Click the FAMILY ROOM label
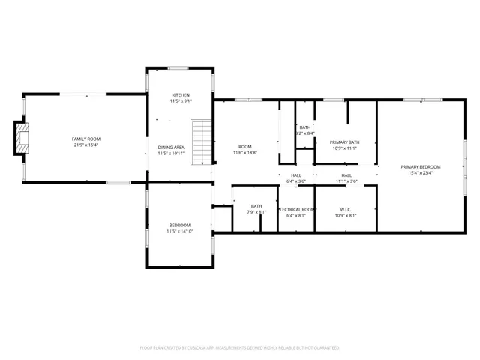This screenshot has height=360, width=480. tap(86, 139)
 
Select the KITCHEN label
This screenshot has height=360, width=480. tap(181, 95)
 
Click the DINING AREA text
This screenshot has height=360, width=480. tap(171, 147)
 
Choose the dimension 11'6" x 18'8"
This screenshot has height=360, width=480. tap(244, 152)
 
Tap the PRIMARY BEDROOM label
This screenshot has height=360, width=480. tap(420, 166)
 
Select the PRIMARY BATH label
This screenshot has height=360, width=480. tap(344, 142)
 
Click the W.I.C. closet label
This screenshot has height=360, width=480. tap(346, 209)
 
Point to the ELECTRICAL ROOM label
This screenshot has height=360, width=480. tap(296, 209)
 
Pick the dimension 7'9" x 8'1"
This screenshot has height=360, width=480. tap(256, 212)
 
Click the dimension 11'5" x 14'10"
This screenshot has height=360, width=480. tap(179, 231)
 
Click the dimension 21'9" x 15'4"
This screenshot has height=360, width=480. tap(86, 145)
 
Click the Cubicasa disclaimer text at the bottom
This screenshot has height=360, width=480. tap(240, 347)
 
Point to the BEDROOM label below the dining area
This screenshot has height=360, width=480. tap(179, 225)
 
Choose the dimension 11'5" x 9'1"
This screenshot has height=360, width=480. tap(181, 101)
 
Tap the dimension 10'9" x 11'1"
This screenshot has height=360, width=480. tap(344, 148)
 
